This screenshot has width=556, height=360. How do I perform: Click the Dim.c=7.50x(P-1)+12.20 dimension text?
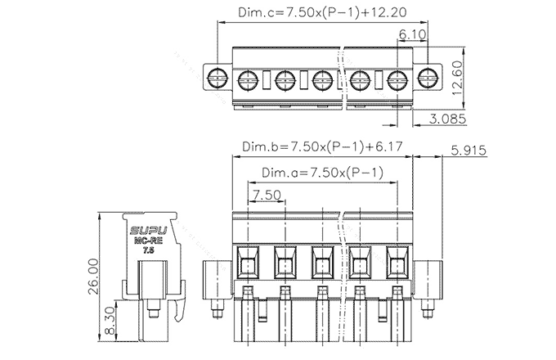[x=322, y=13]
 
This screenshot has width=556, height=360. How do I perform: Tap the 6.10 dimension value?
[x=412, y=35]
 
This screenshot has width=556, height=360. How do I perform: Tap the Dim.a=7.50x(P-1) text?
[x=322, y=173]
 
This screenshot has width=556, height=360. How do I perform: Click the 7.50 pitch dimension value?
[x=267, y=195]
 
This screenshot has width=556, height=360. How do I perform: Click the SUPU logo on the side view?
[x=147, y=232]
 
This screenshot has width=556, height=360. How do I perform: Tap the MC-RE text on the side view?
[x=147, y=242]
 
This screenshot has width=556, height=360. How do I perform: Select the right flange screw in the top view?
[x=426, y=79]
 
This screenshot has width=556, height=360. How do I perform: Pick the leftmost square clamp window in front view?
[x=247, y=263]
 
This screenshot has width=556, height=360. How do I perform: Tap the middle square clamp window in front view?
[x=322, y=263]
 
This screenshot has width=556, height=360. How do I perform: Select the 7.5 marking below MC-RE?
[x=147, y=251]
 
